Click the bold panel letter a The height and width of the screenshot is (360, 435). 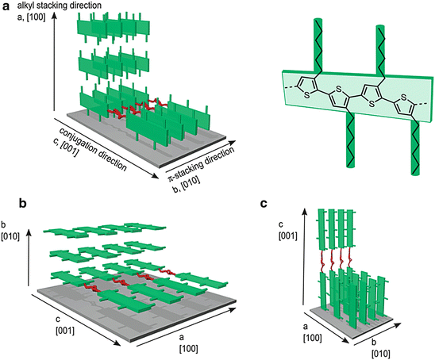[6, 6]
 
